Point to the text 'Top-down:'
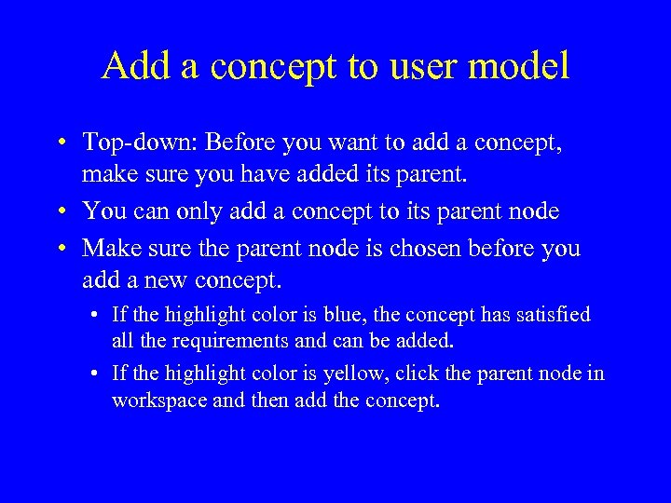point(140,143)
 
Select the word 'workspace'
point(155,401)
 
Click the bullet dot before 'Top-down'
point(60,143)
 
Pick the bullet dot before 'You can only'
point(60,212)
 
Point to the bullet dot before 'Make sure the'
point(60,250)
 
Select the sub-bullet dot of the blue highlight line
point(96,316)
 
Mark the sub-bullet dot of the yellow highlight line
point(96,374)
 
